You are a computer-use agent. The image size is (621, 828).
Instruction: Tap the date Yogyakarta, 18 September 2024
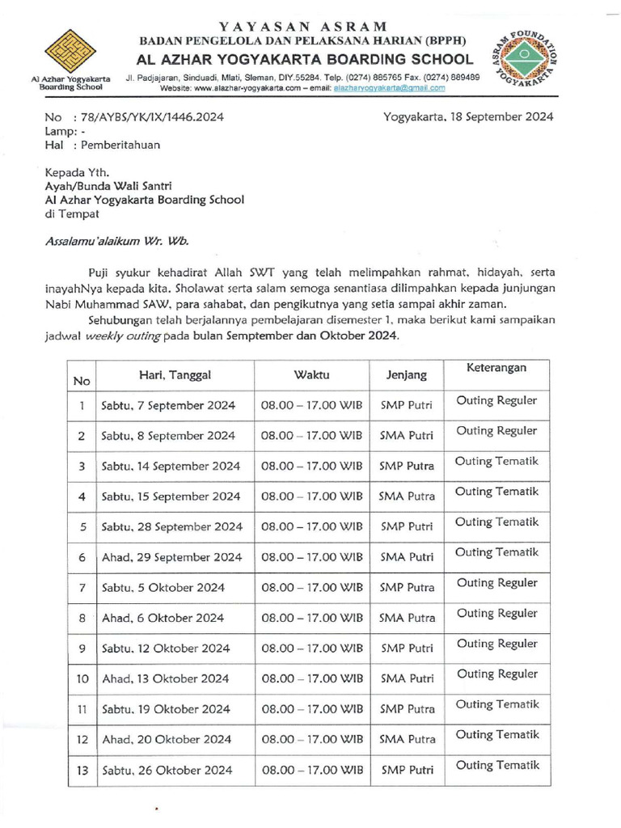coord(468,116)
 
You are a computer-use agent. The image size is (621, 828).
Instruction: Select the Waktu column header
coord(311,374)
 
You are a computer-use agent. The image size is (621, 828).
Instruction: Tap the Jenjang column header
coord(406,375)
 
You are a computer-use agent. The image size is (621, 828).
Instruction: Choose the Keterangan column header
coord(496,368)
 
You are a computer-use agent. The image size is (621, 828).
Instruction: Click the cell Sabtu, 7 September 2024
coord(168,405)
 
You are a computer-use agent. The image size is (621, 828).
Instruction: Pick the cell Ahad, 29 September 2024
coord(171,557)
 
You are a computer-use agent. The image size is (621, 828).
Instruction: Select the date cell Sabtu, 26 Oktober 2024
coord(167,770)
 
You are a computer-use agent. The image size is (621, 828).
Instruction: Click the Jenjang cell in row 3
coord(406,466)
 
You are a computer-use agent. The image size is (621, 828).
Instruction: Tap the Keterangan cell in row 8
coord(496,613)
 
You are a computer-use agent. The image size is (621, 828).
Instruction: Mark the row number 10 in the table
coord(82,678)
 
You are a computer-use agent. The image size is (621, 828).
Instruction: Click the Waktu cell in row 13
coord(311,770)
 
